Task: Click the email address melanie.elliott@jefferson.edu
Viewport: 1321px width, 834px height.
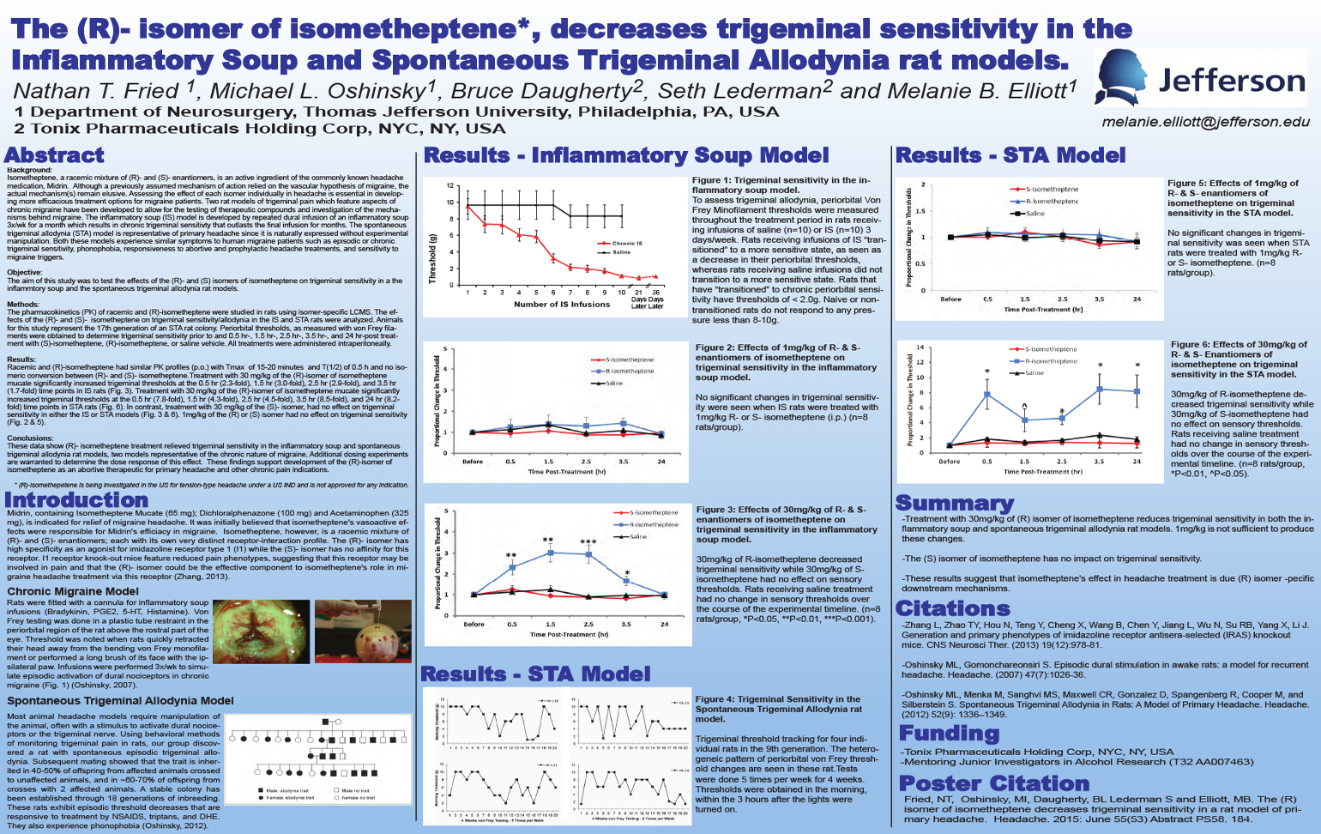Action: point(1205,123)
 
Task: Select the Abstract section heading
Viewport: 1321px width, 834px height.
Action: point(54,155)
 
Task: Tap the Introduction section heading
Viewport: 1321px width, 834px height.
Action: point(76,499)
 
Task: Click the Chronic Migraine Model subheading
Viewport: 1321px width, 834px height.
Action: point(73,591)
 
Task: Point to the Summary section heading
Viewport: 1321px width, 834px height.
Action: point(954,503)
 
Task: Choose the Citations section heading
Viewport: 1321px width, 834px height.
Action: point(952,608)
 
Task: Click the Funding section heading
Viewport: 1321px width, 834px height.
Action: point(949,733)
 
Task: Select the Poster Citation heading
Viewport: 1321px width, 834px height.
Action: point(993,783)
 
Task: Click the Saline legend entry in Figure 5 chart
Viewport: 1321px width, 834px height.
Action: point(1034,213)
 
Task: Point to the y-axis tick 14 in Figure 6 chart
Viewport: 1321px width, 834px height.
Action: point(920,347)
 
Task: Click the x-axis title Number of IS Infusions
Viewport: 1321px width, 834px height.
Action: point(561,305)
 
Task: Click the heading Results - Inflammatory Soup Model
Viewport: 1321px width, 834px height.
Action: point(626,155)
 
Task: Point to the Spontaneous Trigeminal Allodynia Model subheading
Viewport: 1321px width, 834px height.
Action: point(120,701)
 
